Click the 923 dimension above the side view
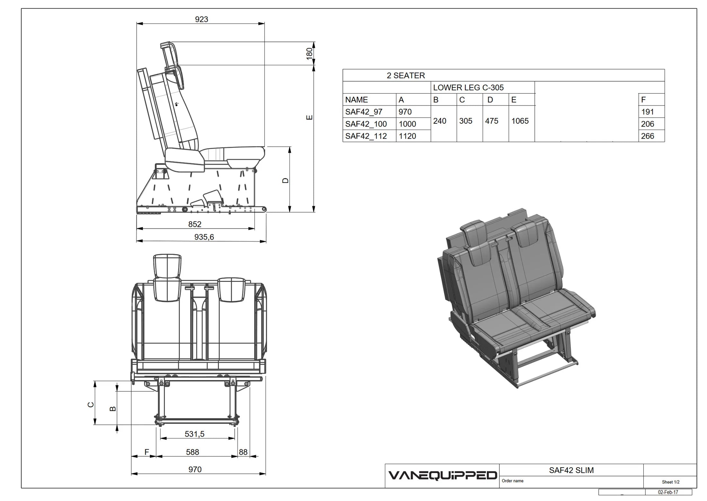[201, 19]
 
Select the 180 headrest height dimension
[309, 53]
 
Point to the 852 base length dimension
[195, 224]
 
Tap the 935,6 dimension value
[204, 237]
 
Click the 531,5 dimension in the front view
[194, 434]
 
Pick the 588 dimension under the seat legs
[192, 452]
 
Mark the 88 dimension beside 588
[243, 452]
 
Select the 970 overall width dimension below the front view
[195, 470]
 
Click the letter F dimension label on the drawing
[147, 452]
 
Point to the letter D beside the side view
[285, 181]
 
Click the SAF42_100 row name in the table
[366, 124]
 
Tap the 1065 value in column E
[520, 121]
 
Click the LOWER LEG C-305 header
[468, 87]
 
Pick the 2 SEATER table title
[406, 76]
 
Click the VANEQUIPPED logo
[443, 476]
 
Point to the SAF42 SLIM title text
[571, 470]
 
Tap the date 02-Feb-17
[668, 492]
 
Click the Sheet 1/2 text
[671, 482]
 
